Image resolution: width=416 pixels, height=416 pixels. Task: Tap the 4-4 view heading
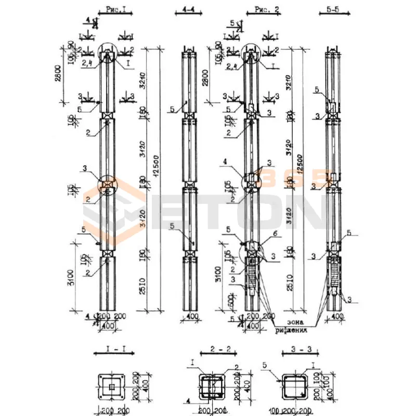189,10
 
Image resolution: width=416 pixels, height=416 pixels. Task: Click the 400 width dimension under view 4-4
189,316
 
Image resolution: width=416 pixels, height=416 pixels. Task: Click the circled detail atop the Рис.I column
108,54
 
